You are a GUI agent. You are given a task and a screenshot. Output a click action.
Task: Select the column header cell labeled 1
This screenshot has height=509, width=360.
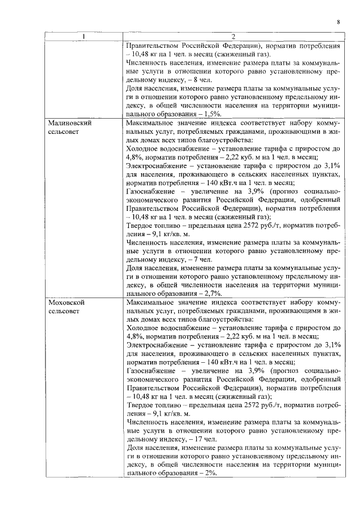click(84, 37)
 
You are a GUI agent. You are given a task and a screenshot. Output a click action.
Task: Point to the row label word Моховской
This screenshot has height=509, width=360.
click(67, 302)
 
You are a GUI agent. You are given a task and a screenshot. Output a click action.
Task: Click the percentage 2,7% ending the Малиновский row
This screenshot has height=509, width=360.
click(211, 293)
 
